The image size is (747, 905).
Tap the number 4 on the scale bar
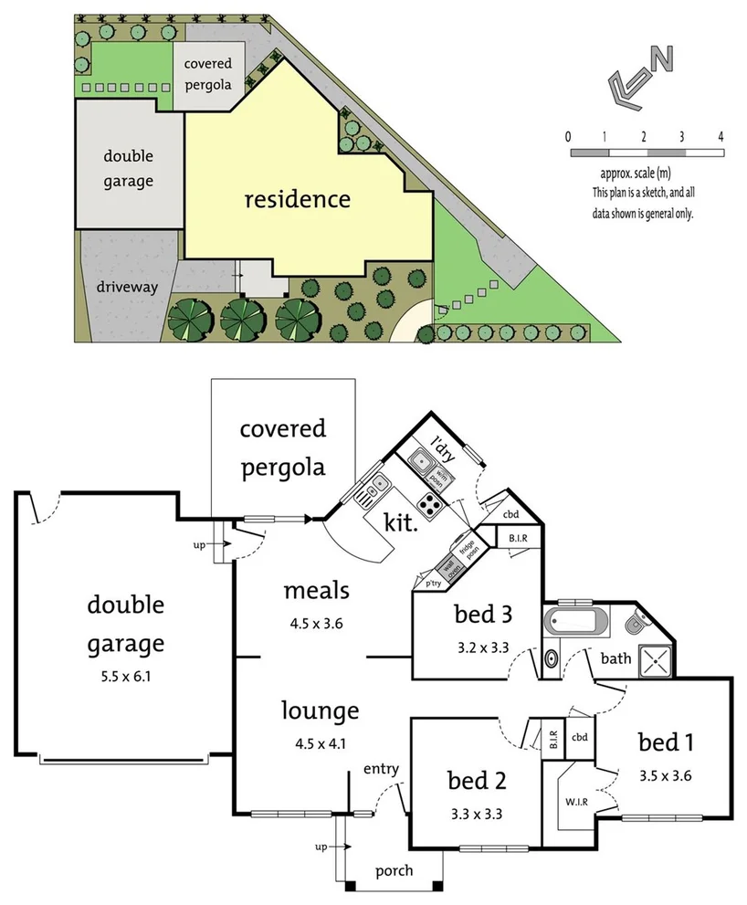pyautogui.click(x=721, y=136)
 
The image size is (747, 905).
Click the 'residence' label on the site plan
pyautogui.click(x=298, y=199)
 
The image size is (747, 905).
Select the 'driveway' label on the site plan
pyautogui.click(x=128, y=287)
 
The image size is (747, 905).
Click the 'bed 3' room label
pyautogui.click(x=480, y=614)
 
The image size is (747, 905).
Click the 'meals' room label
pyautogui.click(x=316, y=590)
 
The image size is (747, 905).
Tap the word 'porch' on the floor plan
pyautogui.click(x=395, y=870)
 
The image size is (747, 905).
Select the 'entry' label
pyautogui.click(x=381, y=769)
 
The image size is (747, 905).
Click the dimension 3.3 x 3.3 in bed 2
pyautogui.click(x=475, y=814)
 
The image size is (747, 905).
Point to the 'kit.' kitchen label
pyautogui.click(x=402, y=524)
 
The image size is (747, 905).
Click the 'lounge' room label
pyautogui.click(x=320, y=710)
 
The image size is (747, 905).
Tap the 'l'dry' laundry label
pyautogui.click(x=443, y=447)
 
